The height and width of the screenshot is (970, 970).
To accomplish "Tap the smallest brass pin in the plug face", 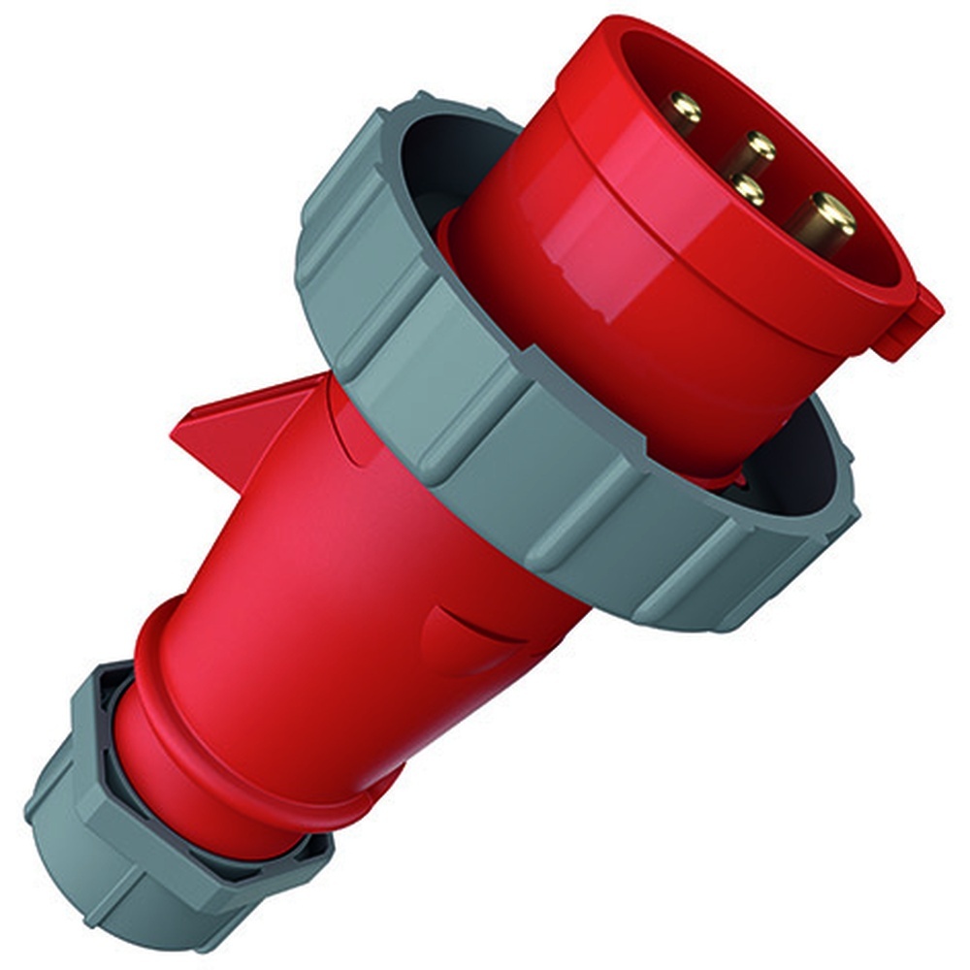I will point(746,187).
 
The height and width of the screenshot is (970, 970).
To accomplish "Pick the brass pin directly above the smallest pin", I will point(760,147).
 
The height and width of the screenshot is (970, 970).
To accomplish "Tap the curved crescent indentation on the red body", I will point(475,630).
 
